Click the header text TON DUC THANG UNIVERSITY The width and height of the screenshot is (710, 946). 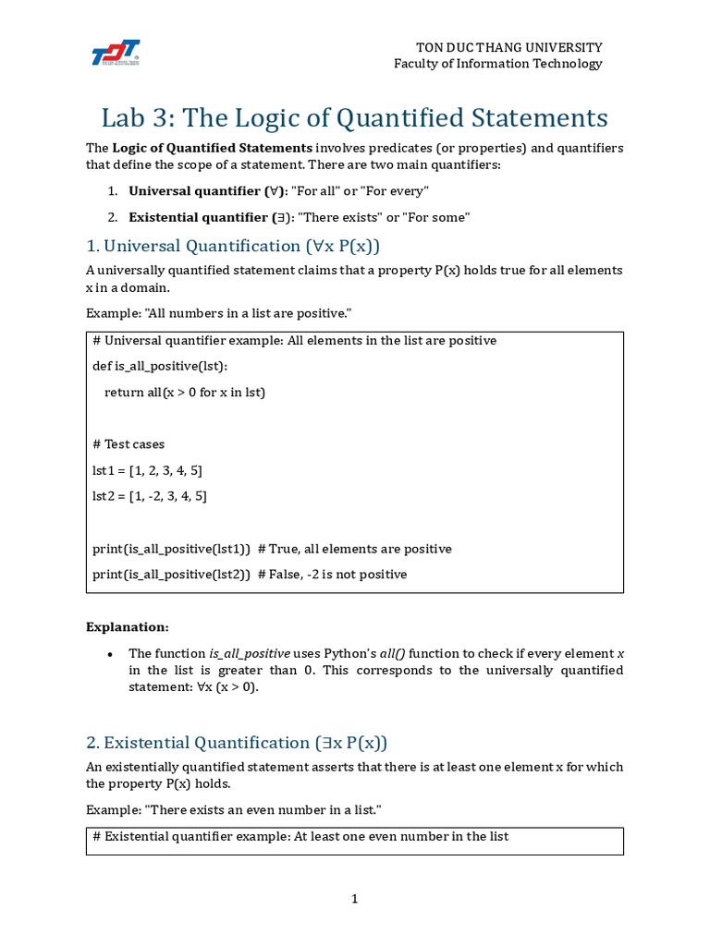click(508, 47)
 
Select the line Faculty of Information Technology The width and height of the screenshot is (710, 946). click(497, 64)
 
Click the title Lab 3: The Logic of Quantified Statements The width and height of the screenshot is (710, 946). click(354, 118)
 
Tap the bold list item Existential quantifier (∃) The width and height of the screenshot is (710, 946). click(208, 218)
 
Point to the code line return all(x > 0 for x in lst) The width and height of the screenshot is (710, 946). click(185, 393)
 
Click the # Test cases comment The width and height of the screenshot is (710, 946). click(129, 444)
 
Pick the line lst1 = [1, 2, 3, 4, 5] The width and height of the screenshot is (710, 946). click(148, 470)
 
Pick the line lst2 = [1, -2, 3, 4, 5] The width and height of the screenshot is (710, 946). click(150, 496)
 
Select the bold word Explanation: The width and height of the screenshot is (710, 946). click(128, 627)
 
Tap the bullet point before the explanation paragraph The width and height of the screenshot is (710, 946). click(110, 654)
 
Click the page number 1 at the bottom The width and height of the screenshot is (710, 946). click(354, 899)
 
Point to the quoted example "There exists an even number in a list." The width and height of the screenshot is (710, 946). click(261, 810)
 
